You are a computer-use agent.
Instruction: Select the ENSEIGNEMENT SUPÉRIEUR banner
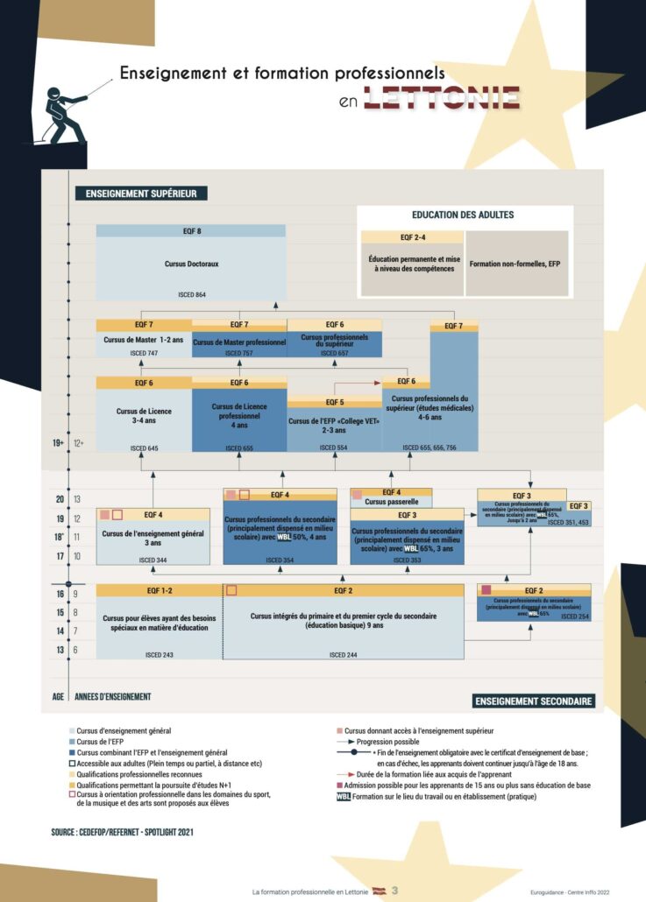tap(140, 193)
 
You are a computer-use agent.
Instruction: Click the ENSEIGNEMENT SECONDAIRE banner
tap(535, 701)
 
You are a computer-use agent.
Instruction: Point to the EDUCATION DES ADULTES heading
tap(463, 215)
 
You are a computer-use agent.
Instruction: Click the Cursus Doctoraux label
tap(190, 263)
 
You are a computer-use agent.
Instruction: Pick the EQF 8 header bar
tap(190, 231)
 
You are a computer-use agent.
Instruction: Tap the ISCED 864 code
tap(190, 294)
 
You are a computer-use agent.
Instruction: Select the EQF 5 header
tap(335, 402)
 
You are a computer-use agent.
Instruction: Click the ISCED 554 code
tap(335, 447)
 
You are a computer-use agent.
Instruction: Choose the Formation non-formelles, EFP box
tap(516, 264)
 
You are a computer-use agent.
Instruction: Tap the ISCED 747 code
tap(144, 353)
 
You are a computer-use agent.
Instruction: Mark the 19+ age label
tap(58, 443)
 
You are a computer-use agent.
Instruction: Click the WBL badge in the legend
tap(344, 796)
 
